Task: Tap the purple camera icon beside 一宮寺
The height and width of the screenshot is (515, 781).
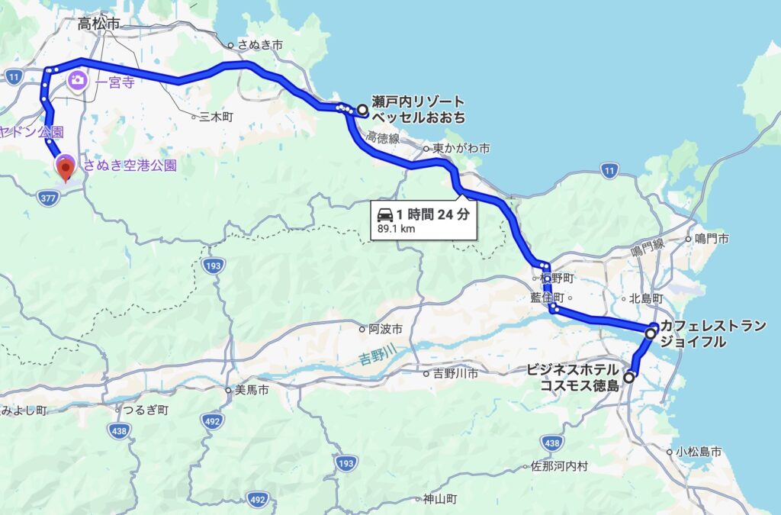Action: click(77, 79)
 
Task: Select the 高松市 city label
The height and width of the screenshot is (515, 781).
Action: click(99, 24)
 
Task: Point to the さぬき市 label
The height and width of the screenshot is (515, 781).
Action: click(260, 46)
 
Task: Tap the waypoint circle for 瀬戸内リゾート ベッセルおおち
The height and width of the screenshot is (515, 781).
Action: click(362, 110)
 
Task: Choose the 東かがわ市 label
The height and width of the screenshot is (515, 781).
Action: click(461, 148)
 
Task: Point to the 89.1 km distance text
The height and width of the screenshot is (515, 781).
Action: click(397, 227)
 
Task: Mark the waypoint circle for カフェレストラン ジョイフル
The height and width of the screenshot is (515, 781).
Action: click(651, 333)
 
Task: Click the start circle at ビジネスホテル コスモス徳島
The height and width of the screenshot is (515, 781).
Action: click(629, 376)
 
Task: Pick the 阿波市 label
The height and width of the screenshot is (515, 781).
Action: click(379, 330)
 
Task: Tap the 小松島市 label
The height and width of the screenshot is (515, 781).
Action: click(697, 452)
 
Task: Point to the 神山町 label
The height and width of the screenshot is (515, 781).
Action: click(440, 500)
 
